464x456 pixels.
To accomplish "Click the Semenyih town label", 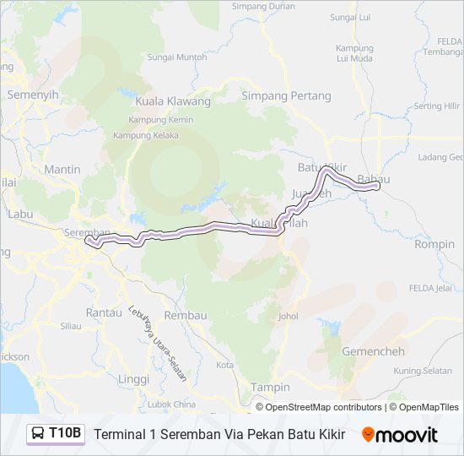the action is coord(33,95).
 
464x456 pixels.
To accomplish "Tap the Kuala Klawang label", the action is coord(173,101).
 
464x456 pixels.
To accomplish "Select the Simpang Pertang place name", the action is coord(286,95).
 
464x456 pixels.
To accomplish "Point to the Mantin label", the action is coord(62,169).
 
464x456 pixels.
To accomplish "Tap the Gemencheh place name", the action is coord(370,350).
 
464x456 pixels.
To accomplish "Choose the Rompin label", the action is coord(434,244).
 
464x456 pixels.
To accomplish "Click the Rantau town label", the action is coord(104,312).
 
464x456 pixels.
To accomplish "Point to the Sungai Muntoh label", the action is coord(177,57).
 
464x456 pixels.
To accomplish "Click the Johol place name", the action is coord(289,317).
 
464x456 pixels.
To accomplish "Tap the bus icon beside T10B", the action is coord(39,434).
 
